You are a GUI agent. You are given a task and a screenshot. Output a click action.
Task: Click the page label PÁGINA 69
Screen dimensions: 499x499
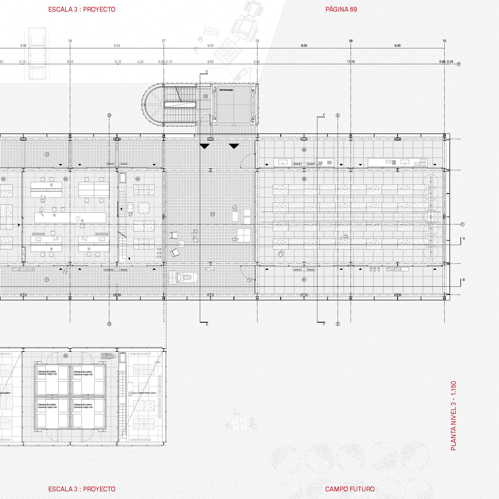point(341,10)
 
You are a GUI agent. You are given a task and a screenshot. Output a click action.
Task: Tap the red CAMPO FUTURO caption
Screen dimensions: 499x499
point(350,489)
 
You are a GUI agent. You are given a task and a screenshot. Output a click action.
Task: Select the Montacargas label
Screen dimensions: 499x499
point(226,90)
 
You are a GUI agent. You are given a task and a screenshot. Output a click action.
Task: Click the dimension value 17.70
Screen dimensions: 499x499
point(351,62)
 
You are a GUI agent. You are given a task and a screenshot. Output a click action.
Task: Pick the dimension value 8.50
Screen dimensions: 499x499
point(210,62)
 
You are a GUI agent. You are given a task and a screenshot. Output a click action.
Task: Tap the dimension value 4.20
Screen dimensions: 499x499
point(140,62)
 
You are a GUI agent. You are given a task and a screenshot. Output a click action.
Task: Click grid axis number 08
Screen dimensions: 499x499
point(257,41)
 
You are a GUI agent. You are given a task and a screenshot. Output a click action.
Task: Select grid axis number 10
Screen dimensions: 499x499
point(444,41)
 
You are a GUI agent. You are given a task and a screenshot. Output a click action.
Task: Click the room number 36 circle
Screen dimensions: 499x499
point(304,179)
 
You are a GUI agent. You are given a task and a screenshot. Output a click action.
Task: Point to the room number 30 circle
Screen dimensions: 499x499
point(304,150)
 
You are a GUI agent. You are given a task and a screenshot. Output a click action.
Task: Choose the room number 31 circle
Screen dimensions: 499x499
point(304,280)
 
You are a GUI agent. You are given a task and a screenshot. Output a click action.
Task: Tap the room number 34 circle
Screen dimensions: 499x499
point(138,179)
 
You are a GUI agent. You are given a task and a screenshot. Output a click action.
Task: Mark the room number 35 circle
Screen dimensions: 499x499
point(65,356)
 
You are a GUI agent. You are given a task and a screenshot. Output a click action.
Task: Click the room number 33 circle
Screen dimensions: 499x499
point(65,179)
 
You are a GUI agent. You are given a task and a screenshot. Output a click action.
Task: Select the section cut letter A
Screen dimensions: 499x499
point(464,238)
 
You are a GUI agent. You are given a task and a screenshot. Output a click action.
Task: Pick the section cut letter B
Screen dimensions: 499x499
point(464,280)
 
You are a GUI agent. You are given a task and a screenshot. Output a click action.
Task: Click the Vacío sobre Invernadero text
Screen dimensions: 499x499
point(144,393)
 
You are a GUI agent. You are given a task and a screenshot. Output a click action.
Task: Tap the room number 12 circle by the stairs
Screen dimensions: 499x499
point(205,96)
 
